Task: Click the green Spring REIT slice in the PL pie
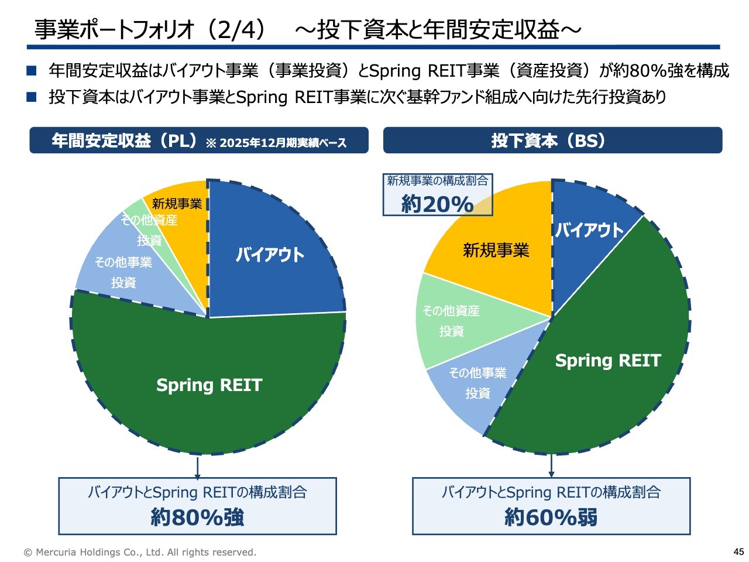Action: click(209, 386)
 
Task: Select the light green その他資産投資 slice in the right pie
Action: click(452, 321)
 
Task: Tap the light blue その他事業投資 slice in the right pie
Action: click(477, 383)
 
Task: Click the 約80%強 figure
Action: click(197, 518)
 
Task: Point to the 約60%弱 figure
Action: click(551, 518)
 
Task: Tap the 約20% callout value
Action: click(437, 204)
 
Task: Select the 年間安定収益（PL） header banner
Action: click(199, 140)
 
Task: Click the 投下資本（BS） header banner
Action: click(552, 140)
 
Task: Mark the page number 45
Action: click(738, 551)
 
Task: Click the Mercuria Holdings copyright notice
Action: click(140, 552)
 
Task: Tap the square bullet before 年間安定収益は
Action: click(32, 71)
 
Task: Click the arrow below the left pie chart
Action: click(197, 468)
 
